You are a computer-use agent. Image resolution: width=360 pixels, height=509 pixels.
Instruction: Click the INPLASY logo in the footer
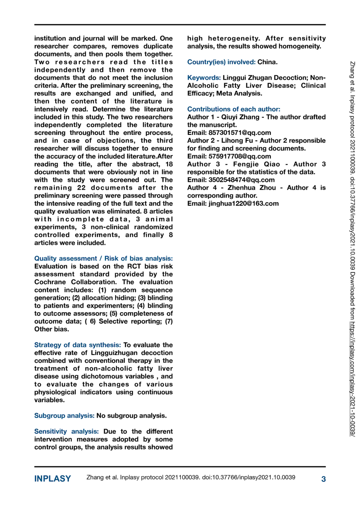click(x=52, y=479)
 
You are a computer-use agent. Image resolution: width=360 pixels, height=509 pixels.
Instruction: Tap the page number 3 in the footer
click(x=323, y=479)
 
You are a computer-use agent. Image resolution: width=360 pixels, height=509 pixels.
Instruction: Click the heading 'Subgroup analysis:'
click(x=64, y=416)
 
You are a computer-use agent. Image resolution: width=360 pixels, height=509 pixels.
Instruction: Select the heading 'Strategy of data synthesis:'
click(x=77, y=345)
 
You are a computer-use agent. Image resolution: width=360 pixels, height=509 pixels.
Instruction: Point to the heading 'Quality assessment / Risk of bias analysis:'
click(x=103, y=258)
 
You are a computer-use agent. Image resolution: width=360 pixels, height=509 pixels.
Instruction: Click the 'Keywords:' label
click(x=204, y=78)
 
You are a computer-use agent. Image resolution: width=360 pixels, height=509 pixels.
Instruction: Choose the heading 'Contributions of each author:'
click(x=234, y=109)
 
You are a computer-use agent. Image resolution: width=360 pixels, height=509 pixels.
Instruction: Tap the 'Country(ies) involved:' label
click(x=221, y=62)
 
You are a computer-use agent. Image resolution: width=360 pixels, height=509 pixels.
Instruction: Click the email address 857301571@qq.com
click(x=240, y=133)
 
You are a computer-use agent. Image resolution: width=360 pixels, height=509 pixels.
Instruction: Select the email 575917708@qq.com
click(x=240, y=156)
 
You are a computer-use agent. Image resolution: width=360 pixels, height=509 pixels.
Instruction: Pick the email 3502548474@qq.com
click(x=241, y=180)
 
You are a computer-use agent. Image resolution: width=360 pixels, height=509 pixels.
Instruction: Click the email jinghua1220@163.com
click(x=243, y=203)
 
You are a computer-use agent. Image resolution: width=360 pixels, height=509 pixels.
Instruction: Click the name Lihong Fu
click(x=237, y=141)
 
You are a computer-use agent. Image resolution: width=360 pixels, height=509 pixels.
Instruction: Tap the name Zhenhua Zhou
click(x=252, y=188)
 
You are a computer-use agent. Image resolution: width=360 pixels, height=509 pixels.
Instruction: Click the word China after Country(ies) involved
click(x=267, y=62)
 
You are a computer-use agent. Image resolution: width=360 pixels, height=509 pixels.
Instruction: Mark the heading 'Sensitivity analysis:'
click(x=66, y=431)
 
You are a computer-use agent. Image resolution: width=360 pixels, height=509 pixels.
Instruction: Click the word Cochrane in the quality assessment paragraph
click(x=50, y=282)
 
